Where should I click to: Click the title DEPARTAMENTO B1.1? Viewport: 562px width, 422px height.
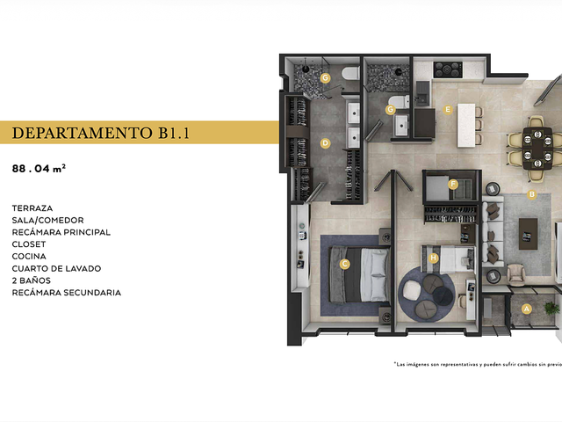(x=101, y=133)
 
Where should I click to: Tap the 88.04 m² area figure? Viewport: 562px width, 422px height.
(x=39, y=168)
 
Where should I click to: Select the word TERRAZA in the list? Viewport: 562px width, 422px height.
(x=32, y=208)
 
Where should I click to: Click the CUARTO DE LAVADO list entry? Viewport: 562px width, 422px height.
(x=56, y=268)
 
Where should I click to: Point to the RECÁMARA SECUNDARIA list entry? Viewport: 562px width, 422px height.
(x=67, y=293)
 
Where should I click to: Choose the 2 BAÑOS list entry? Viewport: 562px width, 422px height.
(x=32, y=280)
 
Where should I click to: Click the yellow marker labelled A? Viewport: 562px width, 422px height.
(x=526, y=309)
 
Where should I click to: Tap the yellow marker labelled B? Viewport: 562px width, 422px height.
(x=532, y=194)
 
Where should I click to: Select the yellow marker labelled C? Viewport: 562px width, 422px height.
(x=344, y=264)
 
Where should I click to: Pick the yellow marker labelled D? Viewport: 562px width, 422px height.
(x=325, y=143)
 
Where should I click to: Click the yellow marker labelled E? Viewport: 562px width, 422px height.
(x=447, y=109)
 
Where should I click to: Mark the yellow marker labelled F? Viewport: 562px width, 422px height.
(x=453, y=185)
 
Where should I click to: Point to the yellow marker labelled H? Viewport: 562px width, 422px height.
(x=434, y=258)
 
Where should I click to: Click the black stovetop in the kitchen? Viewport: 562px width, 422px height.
(x=448, y=69)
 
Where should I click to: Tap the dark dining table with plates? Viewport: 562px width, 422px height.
(x=537, y=148)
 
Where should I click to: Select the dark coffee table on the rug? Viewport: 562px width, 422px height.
(x=528, y=234)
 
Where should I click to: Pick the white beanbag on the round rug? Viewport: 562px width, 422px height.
(x=412, y=289)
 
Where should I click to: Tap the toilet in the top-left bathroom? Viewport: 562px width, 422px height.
(x=350, y=73)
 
